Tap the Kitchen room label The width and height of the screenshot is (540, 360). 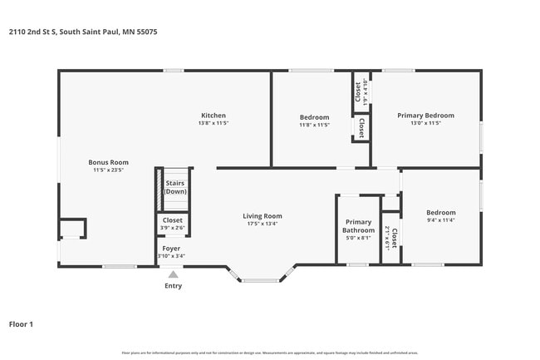pyautogui.click(x=214, y=116)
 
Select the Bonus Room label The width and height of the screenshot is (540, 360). pyautogui.click(x=109, y=162)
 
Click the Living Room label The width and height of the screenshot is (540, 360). pyautogui.click(x=263, y=215)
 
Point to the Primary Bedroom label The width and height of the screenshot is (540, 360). pyautogui.click(x=425, y=116)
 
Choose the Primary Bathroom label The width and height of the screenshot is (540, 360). pyautogui.click(x=358, y=225)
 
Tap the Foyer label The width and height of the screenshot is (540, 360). pyautogui.click(x=171, y=249)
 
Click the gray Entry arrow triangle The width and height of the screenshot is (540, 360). pyautogui.click(x=173, y=274)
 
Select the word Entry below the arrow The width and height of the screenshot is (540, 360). pyautogui.click(x=173, y=286)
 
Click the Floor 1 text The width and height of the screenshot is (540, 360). pyautogui.click(x=21, y=324)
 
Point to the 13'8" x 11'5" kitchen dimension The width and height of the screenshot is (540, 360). pyautogui.click(x=214, y=123)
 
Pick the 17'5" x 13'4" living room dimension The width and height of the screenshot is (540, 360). pyautogui.click(x=263, y=224)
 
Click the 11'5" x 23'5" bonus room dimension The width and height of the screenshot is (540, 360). pyautogui.click(x=109, y=170)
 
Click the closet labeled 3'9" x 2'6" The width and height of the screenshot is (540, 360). pyautogui.click(x=173, y=224)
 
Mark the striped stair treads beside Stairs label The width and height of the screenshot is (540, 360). pyautogui.click(x=159, y=189)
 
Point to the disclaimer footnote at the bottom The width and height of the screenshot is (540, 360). pyautogui.click(x=270, y=353)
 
